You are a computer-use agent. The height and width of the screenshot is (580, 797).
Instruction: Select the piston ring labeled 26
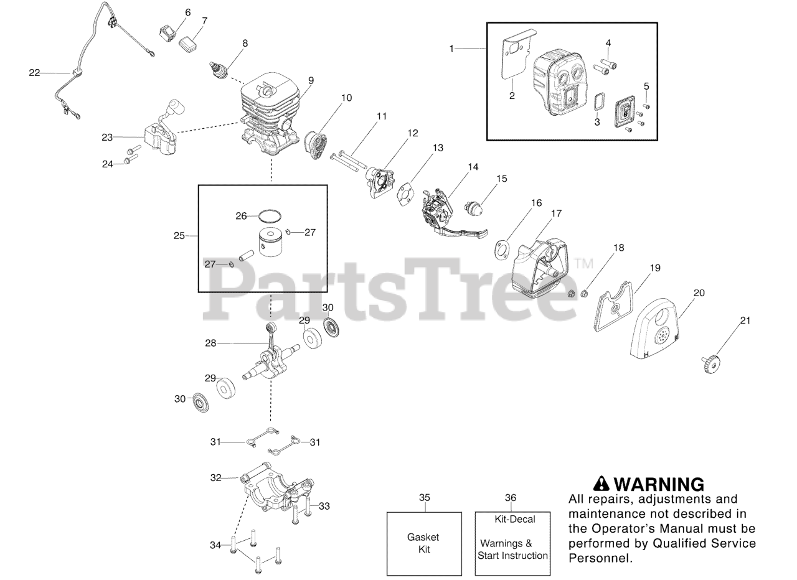[269, 216]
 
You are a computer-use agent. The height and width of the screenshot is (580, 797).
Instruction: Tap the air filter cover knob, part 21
[710, 361]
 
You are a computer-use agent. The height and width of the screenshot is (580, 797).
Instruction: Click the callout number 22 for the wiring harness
[34, 73]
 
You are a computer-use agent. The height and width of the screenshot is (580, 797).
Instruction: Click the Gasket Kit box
[423, 543]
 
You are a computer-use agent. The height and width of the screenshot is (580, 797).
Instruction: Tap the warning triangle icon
[600, 484]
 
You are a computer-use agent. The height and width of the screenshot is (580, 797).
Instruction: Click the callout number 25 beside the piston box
[179, 236]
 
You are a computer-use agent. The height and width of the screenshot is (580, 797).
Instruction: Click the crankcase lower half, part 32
[274, 492]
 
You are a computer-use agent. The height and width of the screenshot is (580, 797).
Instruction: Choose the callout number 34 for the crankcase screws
[215, 545]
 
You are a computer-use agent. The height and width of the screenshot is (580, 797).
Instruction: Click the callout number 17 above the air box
[556, 213]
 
